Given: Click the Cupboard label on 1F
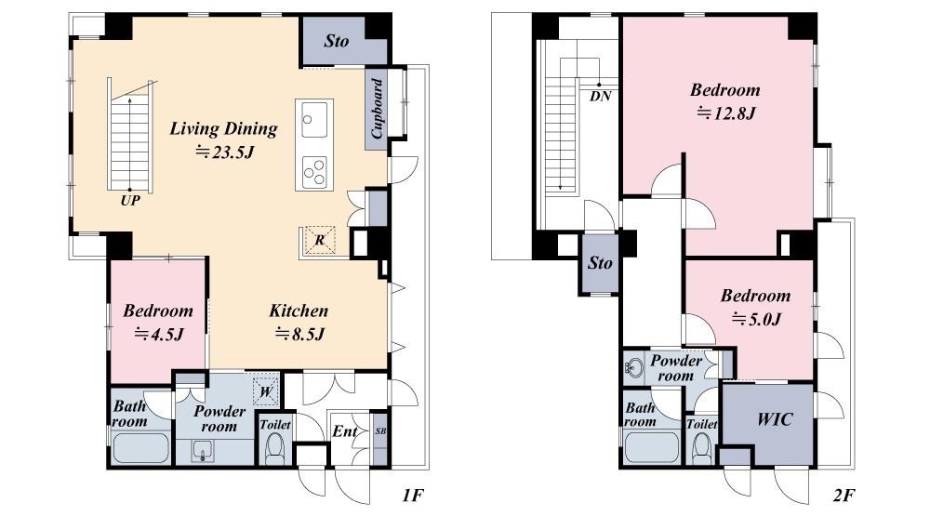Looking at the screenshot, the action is click(x=378, y=109).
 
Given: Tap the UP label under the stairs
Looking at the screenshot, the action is click(x=130, y=201).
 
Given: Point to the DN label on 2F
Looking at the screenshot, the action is click(x=600, y=96).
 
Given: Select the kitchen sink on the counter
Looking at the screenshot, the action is click(x=313, y=119).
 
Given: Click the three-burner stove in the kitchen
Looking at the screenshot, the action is click(x=314, y=171).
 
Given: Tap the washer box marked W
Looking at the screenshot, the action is click(x=266, y=391).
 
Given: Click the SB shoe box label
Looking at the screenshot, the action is click(x=380, y=431).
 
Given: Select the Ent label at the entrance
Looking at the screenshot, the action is click(x=345, y=431).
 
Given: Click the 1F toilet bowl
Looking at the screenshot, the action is click(x=274, y=449).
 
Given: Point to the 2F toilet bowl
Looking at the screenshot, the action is click(x=701, y=449).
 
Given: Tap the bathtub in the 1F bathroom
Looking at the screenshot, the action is click(x=140, y=448).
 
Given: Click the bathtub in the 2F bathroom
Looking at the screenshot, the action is click(x=652, y=448).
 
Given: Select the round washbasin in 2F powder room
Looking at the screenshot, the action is click(x=634, y=368).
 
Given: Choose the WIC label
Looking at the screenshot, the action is click(x=775, y=419).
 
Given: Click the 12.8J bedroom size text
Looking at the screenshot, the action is click(x=726, y=112).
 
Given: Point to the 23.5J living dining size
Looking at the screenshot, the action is click(x=225, y=152).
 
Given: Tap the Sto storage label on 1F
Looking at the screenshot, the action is click(x=337, y=41).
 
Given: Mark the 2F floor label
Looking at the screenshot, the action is click(x=844, y=496).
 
